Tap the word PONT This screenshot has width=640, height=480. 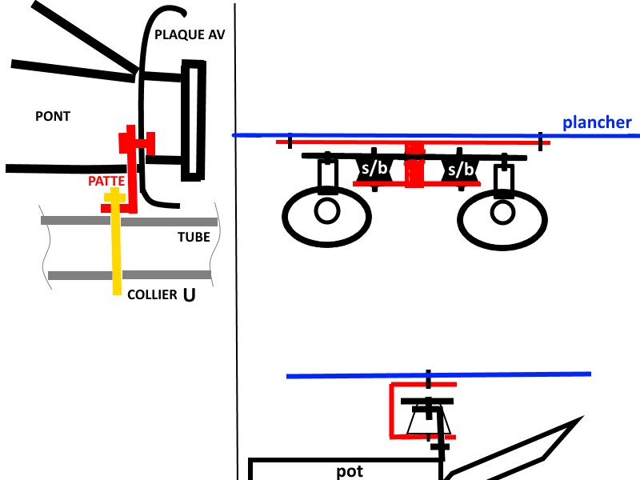pos(53,117)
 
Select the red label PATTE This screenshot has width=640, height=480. pos(106,182)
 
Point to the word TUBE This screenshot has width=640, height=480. pos(194,237)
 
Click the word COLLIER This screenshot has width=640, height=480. pos(152,294)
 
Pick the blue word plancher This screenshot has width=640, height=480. pos(597,122)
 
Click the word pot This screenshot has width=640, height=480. pos(350,471)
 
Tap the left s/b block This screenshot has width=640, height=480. pos(373,169)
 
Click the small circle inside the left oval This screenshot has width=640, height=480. pos(326,211)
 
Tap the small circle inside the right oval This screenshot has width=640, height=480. pos(502,211)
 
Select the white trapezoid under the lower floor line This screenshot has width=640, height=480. pos(426,422)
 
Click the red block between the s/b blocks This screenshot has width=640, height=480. pos(414,166)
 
